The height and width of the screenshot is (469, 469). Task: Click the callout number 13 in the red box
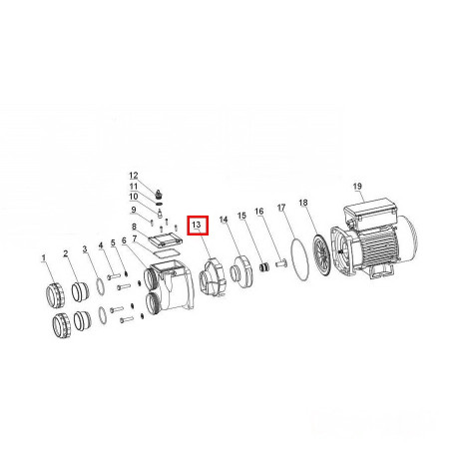click(x=197, y=225)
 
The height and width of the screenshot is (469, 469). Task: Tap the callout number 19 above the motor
click(x=357, y=186)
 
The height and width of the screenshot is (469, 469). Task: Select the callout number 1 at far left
click(x=44, y=257)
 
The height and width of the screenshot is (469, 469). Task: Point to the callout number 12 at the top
click(x=134, y=176)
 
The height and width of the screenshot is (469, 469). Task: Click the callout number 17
click(x=281, y=208)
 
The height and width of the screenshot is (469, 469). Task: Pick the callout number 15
click(x=241, y=216)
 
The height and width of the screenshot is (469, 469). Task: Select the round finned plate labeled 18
click(x=321, y=254)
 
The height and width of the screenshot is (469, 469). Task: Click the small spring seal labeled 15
click(x=263, y=267)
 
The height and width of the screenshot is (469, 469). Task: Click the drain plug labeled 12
click(x=159, y=193)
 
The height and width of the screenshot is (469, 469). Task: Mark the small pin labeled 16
click(x=281, y=264)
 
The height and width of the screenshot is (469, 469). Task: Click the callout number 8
click(x=134, y=227)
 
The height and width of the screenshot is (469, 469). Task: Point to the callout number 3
click(x=85, y=248)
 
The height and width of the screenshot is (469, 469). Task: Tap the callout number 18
click(x=303, y=203)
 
